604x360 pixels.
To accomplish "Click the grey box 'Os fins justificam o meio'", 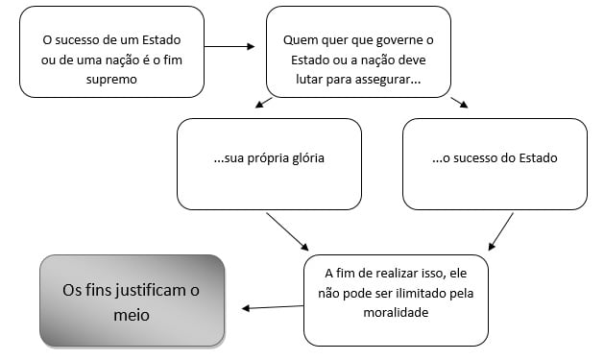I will pos(133,300).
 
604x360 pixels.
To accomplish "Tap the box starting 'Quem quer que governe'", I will pos(358,52).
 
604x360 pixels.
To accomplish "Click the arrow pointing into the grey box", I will pos(272,306).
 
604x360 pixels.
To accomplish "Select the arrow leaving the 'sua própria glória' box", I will pos(287,230).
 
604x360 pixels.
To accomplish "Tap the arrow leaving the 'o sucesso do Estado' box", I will pos(501,231).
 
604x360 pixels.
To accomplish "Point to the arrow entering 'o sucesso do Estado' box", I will pos(458,104).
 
